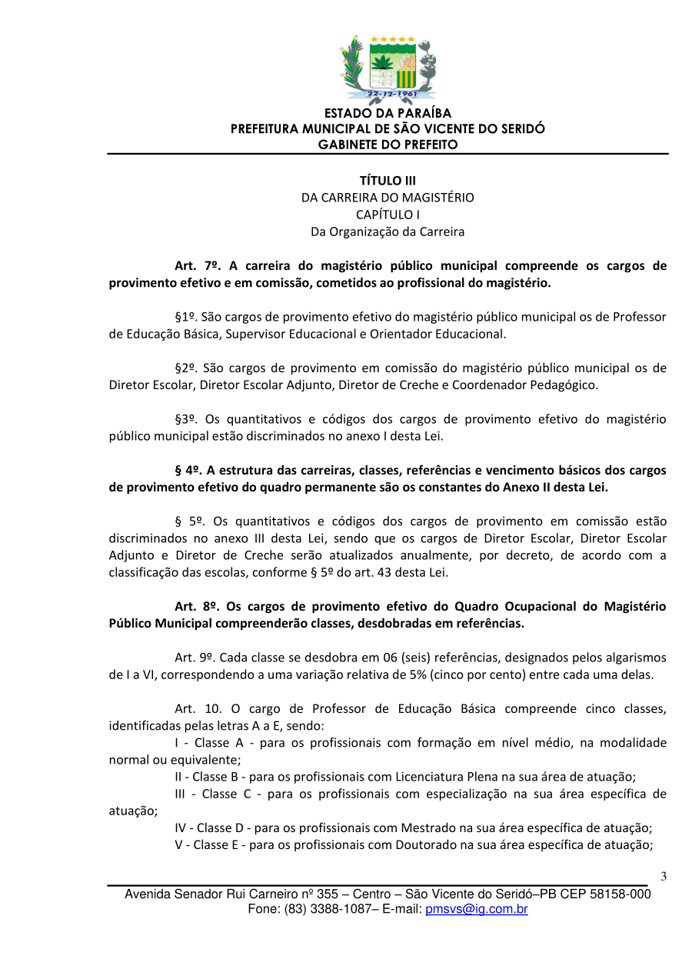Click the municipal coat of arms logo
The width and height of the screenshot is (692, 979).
tap(388, 69)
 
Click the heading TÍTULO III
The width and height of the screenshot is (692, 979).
tap(388, 180)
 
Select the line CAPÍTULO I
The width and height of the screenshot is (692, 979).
tap(388, 215)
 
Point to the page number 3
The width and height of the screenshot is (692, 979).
tap(664, 877)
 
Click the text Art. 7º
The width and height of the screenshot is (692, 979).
tap(198, 266)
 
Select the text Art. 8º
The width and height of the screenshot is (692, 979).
tap(198, 606)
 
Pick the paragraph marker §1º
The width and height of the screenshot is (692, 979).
tap(185, 317)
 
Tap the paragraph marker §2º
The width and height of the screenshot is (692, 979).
tap(185, 368)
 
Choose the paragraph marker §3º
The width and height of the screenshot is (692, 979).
tap(185, 419)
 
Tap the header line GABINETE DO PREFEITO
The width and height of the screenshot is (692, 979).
tap(388, 145)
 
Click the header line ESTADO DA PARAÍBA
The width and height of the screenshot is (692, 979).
tap(388, 114)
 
